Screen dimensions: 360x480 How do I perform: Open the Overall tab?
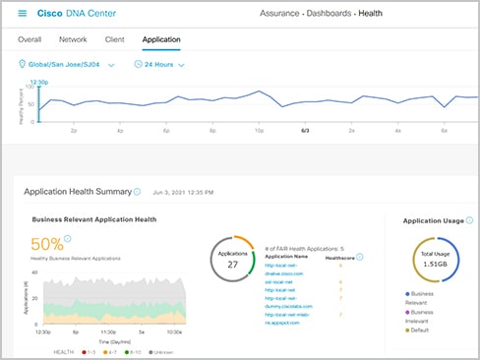click(x=30, y=40)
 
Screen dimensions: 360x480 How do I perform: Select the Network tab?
click(x=73, y=40)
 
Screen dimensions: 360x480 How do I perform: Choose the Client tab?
click(x=114, y=40)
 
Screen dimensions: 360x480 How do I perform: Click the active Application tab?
click(x=161, y=40)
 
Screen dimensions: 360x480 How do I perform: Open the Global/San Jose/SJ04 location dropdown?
click(x=67, y=65)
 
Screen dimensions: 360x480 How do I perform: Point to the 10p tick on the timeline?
click(x=258, y=129)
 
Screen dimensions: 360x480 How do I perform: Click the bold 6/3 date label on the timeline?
click(x=304, y=129)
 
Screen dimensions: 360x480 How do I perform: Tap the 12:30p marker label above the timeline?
click(x=39, y=82)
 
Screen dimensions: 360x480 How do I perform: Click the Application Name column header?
click(x=286, y=256)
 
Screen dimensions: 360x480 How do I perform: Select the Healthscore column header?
click(x=338, y=256)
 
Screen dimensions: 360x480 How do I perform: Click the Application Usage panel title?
click(x=434, y=221)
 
